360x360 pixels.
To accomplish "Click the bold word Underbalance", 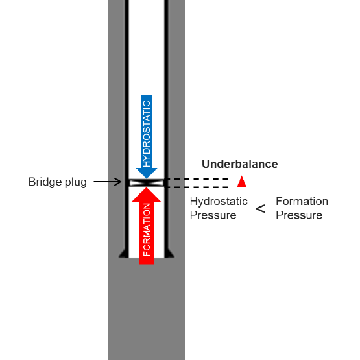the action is (240, 164).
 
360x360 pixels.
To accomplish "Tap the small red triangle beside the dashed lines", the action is (242, 182).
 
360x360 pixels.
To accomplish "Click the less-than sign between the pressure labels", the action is (261, 209).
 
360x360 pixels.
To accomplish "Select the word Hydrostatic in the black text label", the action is (219, 201).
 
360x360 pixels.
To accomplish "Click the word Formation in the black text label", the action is (302, 201).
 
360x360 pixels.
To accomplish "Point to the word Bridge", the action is (45, 182).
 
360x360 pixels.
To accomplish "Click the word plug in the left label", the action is (76, 182).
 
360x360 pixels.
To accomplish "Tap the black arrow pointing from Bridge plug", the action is (108, 182).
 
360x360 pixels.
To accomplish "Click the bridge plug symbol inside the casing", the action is (147, 183).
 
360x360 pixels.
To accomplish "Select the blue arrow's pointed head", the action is (147, 173).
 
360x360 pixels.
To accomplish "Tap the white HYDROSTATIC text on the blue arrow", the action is (147, 134).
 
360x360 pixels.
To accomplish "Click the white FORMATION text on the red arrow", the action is (147, 230).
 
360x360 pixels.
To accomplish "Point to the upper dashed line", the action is (197, 179).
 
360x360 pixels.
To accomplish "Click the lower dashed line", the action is (197, 187).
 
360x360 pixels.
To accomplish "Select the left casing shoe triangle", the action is (124, 254).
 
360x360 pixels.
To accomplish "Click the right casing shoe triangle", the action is (169, 254).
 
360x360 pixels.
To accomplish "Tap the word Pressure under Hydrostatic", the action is (213, 215).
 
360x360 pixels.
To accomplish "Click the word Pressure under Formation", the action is (299, 215).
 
